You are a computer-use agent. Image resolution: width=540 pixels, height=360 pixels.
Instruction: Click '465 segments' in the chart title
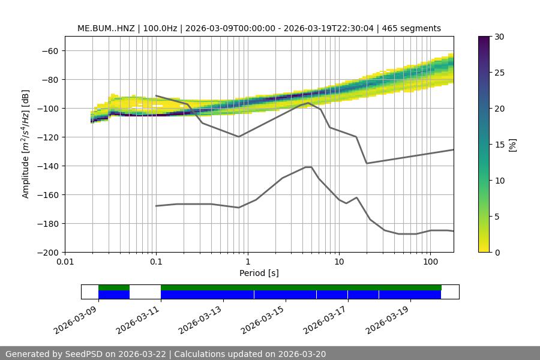(415, 28)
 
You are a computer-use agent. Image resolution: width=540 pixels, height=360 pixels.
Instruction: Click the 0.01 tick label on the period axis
(65, 262)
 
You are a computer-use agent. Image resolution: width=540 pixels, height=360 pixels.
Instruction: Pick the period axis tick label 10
(338, 262)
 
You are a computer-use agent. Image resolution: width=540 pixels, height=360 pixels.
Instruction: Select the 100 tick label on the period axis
(430, 262)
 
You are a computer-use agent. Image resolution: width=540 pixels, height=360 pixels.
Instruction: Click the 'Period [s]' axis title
(259, 273)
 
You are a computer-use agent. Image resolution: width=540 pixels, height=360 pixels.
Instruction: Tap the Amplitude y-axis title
(25, 144)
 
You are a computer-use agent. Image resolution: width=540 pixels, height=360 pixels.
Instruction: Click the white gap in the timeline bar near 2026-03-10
(145, 292)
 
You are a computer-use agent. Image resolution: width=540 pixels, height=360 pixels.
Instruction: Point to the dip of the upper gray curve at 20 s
(367, 163)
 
